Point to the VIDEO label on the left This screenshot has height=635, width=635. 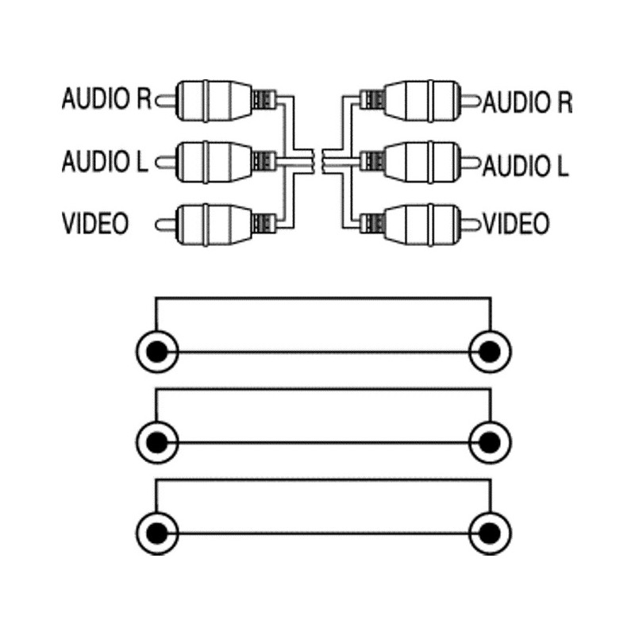point(95,223)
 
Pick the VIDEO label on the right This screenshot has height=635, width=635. point(517,224)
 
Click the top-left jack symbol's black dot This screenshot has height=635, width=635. point(157,350)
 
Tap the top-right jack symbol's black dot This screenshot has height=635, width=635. point(490,350)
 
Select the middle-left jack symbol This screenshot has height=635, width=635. point(157,440)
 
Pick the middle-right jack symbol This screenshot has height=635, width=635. point(490,440)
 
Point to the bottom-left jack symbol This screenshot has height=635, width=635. point(157,531)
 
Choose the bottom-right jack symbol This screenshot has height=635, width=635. point(490,531)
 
